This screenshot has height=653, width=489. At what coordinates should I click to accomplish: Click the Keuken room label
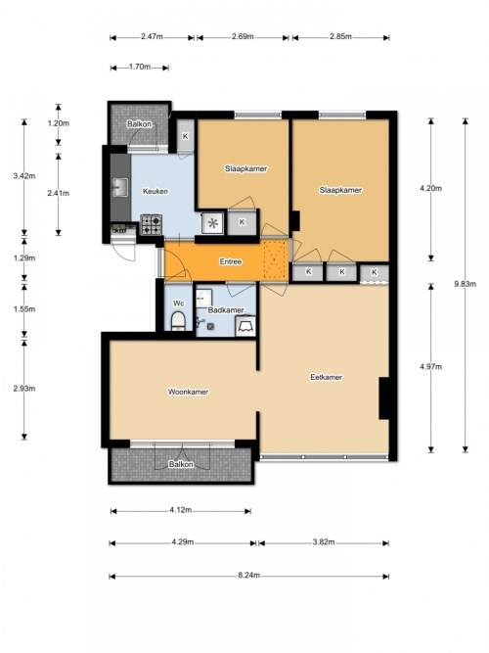coord(156,191)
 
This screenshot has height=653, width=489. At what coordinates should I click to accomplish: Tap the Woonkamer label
coord(188,392)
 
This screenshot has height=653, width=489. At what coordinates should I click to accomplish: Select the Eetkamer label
coord(327,377)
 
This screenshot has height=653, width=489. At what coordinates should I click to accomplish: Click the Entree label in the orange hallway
coord(231,261)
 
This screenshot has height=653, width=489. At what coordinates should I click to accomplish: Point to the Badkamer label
coord(226,309)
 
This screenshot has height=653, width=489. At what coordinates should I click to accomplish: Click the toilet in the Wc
coord(178,320)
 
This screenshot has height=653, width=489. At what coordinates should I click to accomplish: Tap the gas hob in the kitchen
coord(151,224)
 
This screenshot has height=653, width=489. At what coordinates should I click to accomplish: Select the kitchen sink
coord(120,187)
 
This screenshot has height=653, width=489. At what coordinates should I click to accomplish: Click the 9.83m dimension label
coord(465,284)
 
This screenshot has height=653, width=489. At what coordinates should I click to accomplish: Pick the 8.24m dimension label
coord(248,575)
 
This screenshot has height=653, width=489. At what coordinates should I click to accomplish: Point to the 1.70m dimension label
coord(140,67)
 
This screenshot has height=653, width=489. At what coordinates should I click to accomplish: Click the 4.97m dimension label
coord(430,366)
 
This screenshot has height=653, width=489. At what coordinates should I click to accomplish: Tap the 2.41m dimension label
coord(59,193)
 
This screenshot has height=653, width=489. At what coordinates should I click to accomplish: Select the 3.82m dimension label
coord(324,541)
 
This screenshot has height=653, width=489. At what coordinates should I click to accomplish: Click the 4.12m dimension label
coord(181,510)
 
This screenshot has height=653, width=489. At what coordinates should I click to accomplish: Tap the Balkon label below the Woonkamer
coord(181,464)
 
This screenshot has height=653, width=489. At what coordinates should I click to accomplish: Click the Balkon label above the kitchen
coord(140,124)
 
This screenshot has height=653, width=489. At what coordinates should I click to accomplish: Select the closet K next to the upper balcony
coord(185,136)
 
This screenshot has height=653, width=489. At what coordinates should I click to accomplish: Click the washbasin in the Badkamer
coord(204,299)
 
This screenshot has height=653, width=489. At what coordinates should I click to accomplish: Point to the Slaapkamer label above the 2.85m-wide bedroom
coord(340,190)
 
